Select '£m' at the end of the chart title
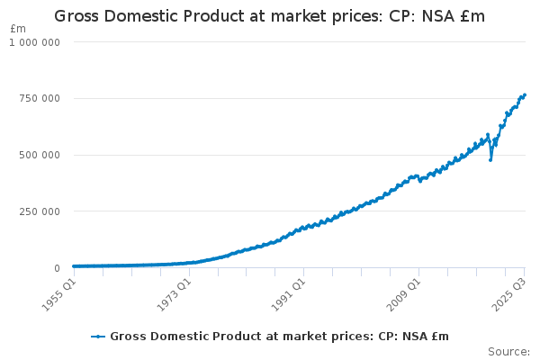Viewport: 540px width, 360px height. pyautogui.click(x=471, y=16)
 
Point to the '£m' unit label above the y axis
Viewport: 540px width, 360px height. pyautogui.click(x=18, y=29)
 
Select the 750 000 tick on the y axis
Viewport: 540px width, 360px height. pyautogui.click(x=40, y=98)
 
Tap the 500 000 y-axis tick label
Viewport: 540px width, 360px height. pyautogui.click(x=40, y=155)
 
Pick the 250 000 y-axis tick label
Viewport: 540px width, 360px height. pyautogui.click(x=40, y=211)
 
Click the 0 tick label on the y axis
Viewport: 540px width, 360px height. pyautogui.click(x=56, y=268)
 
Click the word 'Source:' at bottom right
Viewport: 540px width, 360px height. pyautogui.click(x=508, y=352)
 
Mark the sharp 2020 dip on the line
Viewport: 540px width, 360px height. pyautogui.click(x=490, y=159)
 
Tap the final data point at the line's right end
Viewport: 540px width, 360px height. pyautogui.click(x=525, y=94)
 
